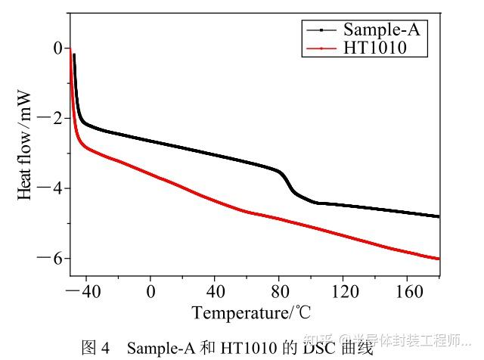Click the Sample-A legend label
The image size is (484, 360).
380,29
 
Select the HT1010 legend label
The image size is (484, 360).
374,48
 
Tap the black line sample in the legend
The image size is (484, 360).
321,30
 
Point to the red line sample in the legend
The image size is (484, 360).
321,48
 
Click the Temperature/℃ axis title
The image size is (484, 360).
251,312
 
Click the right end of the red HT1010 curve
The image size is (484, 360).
438,259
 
